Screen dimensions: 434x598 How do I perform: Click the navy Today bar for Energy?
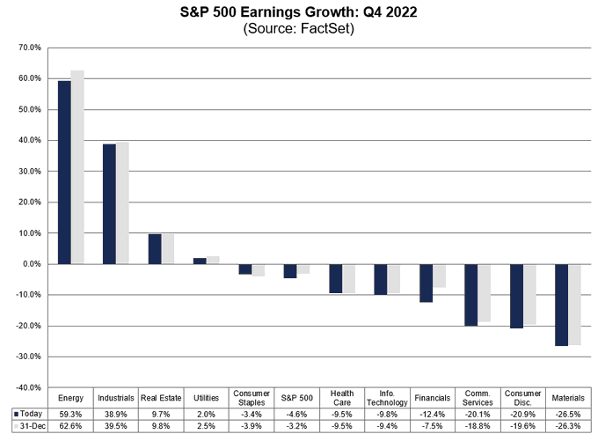[64, 173]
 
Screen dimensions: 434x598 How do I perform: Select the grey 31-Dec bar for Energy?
[77, 167]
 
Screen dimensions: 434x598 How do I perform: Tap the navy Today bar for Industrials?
[109, 204]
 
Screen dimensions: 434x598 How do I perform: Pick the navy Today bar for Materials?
[561, 305]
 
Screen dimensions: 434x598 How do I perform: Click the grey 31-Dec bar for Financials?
[441, 276]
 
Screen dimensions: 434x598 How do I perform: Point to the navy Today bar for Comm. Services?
[471, 295]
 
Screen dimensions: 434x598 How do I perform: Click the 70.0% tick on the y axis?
[29, 48]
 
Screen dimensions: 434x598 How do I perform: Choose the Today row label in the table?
[28, 413]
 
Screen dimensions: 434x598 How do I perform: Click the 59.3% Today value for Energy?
[70, 413]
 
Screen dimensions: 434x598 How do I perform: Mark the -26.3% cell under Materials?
[568, 425]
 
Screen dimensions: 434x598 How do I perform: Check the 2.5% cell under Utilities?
[206, 425]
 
